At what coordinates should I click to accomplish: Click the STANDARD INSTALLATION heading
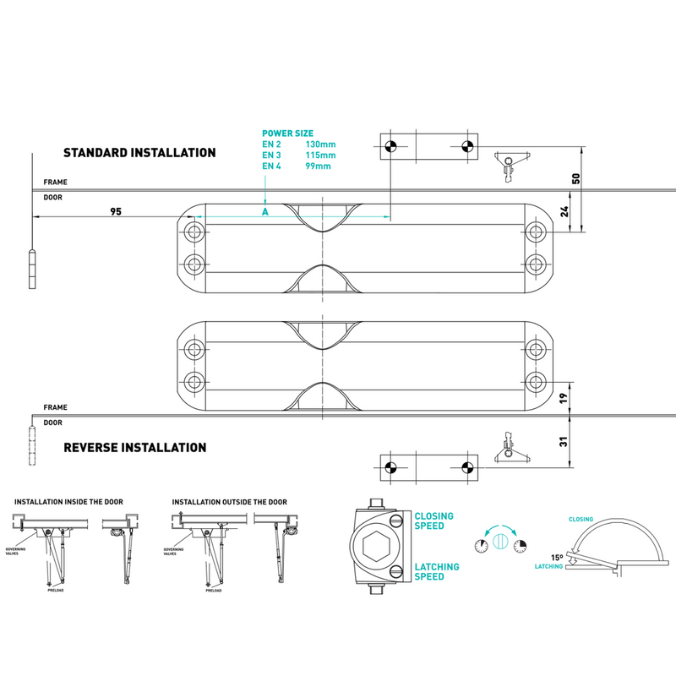[139, 153]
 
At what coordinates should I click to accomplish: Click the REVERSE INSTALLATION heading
[135, 447]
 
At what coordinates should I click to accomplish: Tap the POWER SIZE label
[287, 134]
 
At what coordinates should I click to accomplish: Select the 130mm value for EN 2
[320, 144]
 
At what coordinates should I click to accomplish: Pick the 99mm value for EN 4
[318, 166]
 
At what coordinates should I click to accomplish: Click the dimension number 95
[117, 211]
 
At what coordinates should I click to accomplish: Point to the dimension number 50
[576, 179]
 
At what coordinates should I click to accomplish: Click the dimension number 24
[565, 213]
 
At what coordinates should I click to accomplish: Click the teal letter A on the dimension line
[264, 210]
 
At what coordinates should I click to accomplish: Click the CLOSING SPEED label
[433, 521]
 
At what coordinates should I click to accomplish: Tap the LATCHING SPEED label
[437, 572]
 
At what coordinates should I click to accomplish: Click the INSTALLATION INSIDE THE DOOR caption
[68, 502]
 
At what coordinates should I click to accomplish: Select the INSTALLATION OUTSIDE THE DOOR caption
[229, 502]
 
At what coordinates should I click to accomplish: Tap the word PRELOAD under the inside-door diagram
[57, 591]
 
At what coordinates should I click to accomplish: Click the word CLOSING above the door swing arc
[581, 519]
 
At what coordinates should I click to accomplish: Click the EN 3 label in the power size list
[270, 155]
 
